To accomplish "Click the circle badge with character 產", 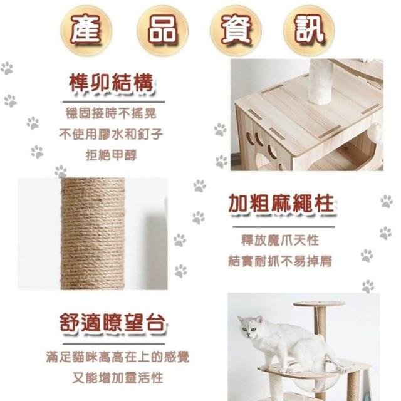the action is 86,30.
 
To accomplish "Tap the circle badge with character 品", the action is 162,30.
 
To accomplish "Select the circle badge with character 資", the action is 236,30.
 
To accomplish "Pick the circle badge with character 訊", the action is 309,30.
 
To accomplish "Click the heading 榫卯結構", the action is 112,83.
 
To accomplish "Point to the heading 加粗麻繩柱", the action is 281,204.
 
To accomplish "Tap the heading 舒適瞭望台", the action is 113,323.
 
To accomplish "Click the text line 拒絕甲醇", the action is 112,155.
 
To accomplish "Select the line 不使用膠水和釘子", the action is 111,134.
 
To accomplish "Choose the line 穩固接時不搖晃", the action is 111,113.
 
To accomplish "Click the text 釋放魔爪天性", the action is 280,240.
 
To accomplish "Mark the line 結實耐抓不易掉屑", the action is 280,261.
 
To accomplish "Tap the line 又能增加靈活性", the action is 118,378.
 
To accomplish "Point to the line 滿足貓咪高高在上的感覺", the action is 118,357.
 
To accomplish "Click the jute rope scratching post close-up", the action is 93,234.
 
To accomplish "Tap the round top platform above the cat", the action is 319,305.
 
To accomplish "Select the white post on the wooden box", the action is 321,81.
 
